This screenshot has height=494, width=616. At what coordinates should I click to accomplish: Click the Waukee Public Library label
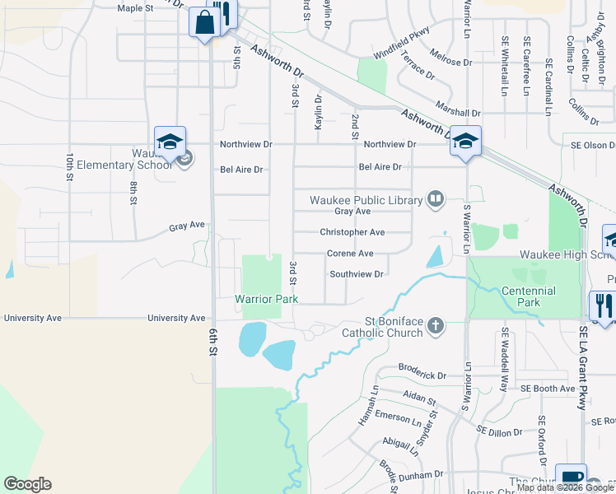[366, 199]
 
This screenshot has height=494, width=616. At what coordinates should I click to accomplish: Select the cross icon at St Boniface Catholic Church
[436, 327]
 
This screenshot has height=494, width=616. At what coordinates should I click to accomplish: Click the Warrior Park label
[266, 300]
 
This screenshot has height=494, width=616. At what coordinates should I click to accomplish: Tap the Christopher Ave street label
[352, 232]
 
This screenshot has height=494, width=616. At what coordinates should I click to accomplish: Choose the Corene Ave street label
[350, 254]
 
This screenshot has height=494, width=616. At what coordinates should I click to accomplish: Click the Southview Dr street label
[357, 274]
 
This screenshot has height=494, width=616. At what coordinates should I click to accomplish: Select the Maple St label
[137, 8]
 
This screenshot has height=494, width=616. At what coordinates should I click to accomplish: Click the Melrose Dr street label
[450, 63]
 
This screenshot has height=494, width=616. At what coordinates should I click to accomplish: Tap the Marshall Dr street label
[458, 113]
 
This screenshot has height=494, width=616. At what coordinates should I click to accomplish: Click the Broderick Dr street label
[422, 375]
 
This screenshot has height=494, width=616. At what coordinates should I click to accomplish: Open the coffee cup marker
[570, 478]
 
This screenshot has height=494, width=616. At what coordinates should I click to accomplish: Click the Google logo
[27, 484]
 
